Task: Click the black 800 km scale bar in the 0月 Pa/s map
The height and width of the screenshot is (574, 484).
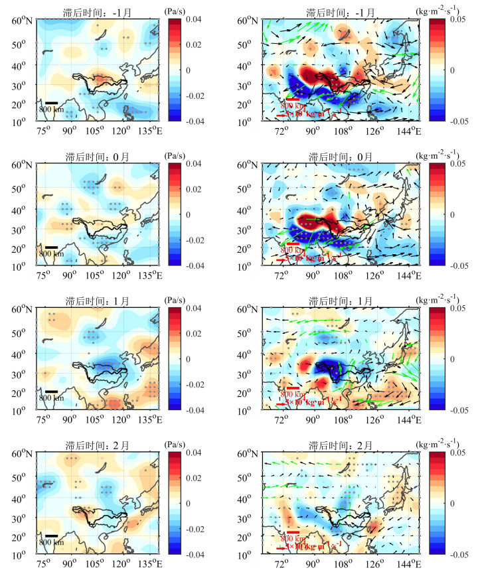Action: [52, 248]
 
